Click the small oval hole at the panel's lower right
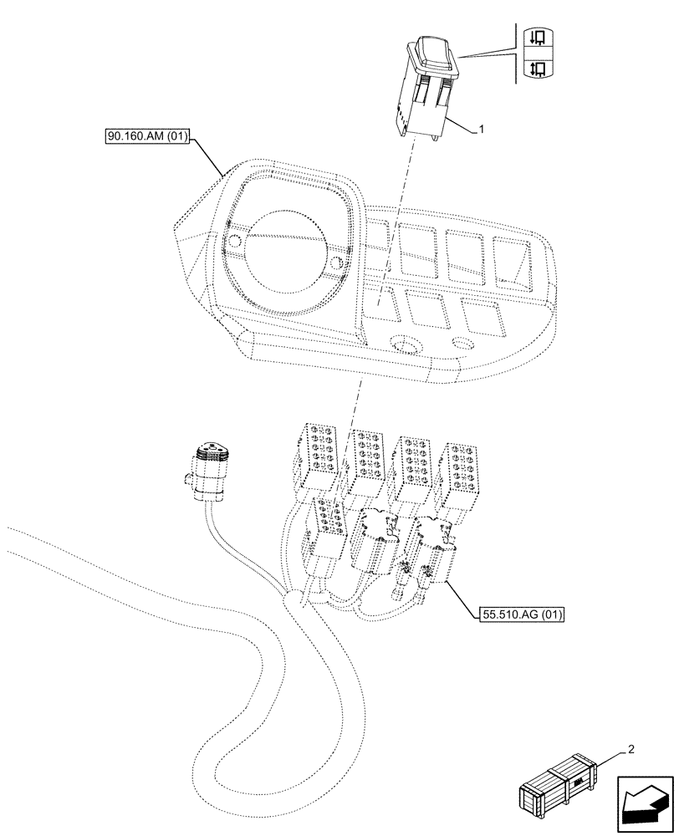(462, 343)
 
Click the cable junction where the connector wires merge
(292, 599)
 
